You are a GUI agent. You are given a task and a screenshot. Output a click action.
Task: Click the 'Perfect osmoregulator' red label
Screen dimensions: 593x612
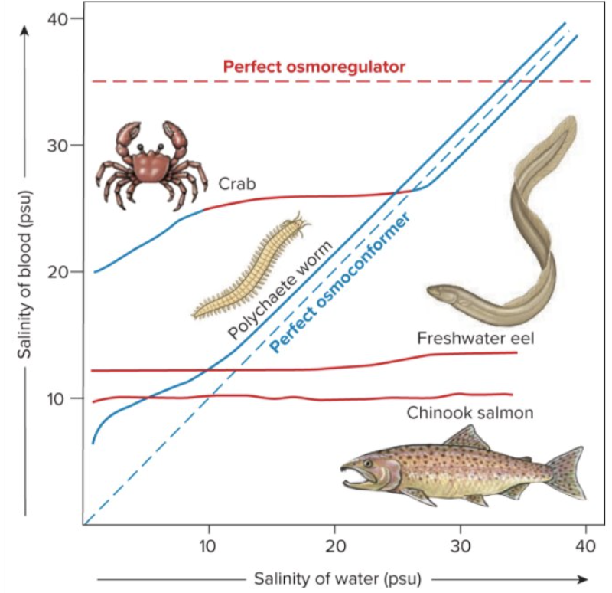click(x=314, y=67)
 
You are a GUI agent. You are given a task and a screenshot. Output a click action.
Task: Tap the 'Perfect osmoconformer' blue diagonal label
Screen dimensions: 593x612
click(x=341, y=282)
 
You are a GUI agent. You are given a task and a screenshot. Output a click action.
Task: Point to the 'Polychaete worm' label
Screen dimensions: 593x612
click(x=281, y=290)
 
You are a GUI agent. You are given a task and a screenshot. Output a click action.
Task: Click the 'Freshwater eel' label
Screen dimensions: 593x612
click(x=464, y=338)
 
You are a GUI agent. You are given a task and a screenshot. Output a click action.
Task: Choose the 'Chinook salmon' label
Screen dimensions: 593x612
click(x=470, y=413)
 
